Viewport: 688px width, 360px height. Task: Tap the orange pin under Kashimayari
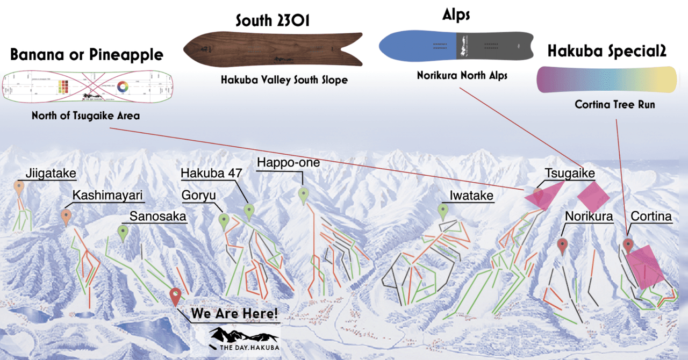pos(67,217)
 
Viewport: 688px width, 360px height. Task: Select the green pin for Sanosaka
pos(124,232)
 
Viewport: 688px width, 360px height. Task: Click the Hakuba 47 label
pos(211,174)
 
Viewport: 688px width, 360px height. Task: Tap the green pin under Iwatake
pos(443,211)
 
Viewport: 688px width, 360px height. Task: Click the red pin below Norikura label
pos(563,245)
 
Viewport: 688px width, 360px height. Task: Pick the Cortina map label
pos(651,217)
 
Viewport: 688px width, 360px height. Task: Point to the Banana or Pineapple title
pos(87,55)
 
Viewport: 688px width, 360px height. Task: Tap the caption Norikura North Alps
pos(462,76)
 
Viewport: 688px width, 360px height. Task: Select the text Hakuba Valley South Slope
pos(284,80)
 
